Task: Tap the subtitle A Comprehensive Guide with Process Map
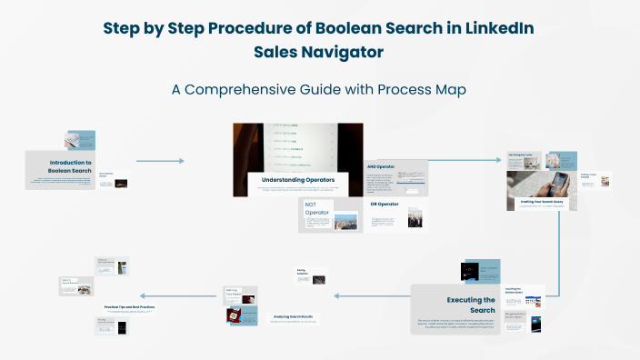[x=319, y=90]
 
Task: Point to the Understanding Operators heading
[x=298, y=180]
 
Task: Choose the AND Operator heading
[x=383, y=167]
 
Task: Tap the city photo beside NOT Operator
[x=346, y=222]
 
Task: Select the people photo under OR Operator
[x=415, y=219]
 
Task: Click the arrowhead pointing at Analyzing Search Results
[x=337, y=295]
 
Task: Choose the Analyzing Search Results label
[x=292, y=316]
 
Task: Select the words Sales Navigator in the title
[x=319, y=53]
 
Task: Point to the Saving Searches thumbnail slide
[x=310, y=275]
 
